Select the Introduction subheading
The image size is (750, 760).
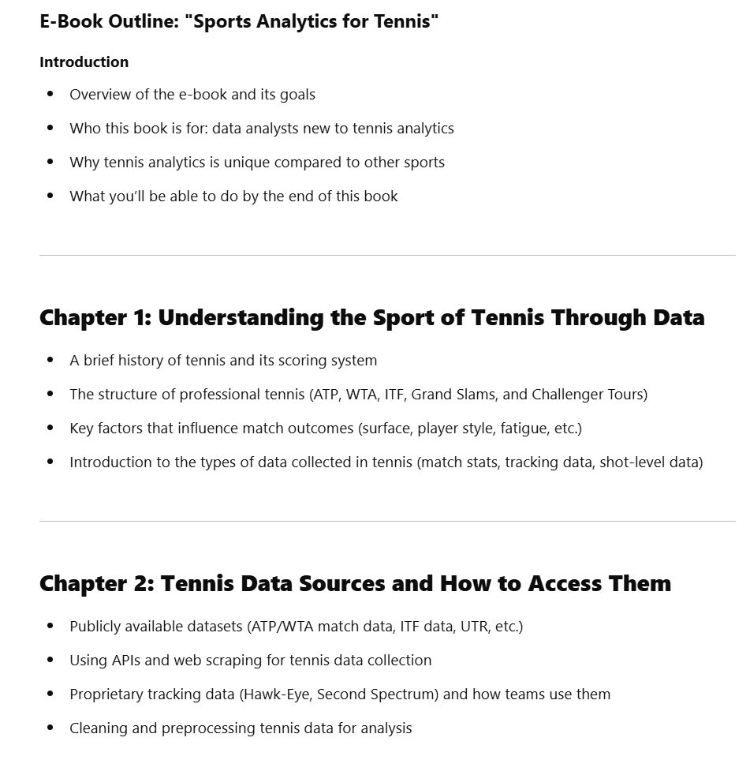[84, 62]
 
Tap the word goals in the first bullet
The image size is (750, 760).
[297, 95]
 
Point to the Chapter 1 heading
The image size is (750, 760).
[371, 317]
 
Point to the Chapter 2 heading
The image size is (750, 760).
[355, 583]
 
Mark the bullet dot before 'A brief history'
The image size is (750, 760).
[50, 361]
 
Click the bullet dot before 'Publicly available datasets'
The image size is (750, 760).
[50, 627]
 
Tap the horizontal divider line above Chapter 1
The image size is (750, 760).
[386, 255]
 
